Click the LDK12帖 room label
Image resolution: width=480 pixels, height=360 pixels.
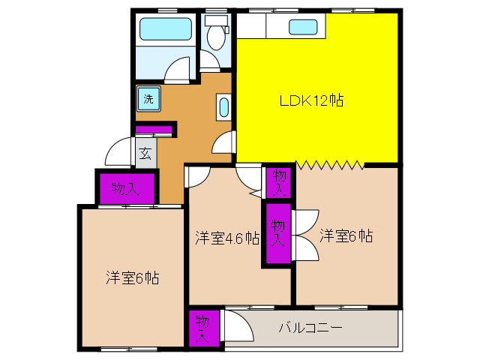click(x=312, y=100)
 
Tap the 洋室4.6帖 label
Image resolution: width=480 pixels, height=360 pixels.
click(x=227, y=238)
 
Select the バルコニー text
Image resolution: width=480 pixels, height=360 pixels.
click(x=310, y=328)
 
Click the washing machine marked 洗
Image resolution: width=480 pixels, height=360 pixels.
click(x=148, y=99)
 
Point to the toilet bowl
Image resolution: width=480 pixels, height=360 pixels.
click(x=216, y=37)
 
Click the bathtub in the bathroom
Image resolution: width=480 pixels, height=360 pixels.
click(x=166, y=28)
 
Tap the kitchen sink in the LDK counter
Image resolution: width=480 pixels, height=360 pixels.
click(x=303, y=27)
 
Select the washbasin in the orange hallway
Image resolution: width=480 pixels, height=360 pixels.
click(x=223, y=107)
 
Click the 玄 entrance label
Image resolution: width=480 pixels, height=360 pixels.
click(x=145, y=153)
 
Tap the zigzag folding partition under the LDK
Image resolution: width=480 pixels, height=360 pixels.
click(x=330, y=165)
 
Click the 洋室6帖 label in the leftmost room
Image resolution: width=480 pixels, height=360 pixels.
click(x=133, y=277)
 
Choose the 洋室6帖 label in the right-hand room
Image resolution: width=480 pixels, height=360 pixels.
click(x=346, y=235)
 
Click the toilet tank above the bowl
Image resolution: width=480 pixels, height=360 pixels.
click(x=216, y=20)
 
